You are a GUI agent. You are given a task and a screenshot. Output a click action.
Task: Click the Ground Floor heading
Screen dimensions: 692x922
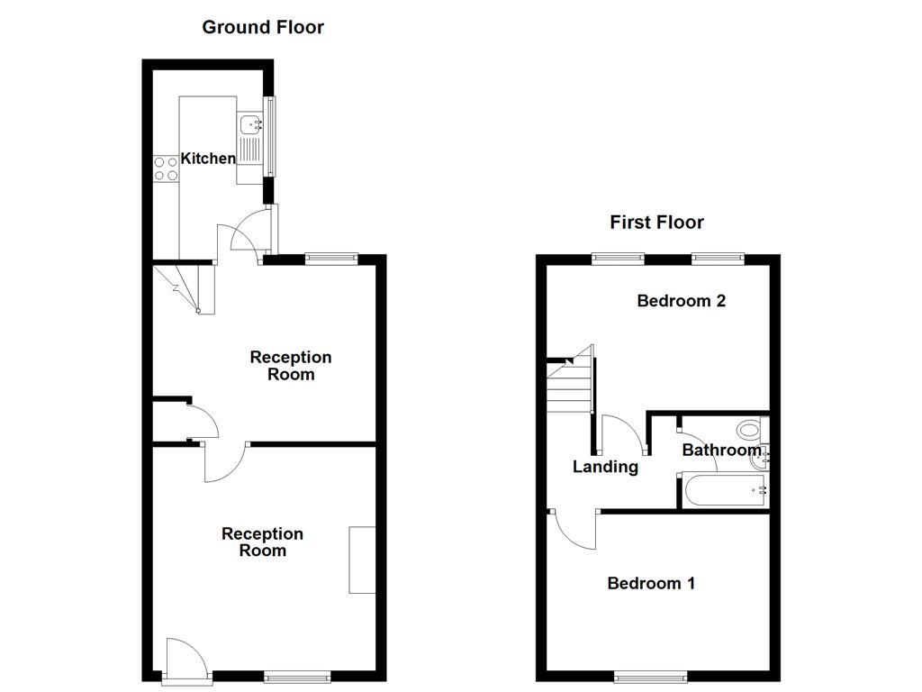click(x=262, y=27)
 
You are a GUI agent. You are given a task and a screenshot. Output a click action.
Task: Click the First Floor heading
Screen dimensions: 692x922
click(x=656, y=222)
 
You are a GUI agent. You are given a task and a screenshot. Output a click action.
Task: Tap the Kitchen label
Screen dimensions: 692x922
click(x=208, y=159)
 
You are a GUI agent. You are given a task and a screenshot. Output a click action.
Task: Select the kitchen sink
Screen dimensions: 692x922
click(x=249, y=125)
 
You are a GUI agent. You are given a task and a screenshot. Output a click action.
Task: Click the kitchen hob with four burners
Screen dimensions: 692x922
click(x=166, y=168)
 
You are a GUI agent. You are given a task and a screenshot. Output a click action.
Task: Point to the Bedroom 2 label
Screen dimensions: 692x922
click(x=681, y=301)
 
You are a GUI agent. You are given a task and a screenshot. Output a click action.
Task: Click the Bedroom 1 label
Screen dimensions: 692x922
click(x=651, y=583)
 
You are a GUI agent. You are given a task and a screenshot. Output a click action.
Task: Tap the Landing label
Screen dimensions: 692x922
click(x=606, y=467)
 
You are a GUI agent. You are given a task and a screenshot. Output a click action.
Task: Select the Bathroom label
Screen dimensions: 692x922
click(x=721, y=450)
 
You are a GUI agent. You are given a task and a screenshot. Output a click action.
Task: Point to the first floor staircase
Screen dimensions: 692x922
click(x=569, y=380)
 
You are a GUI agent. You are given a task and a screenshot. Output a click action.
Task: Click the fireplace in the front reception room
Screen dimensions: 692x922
click(x=363, y=560)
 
